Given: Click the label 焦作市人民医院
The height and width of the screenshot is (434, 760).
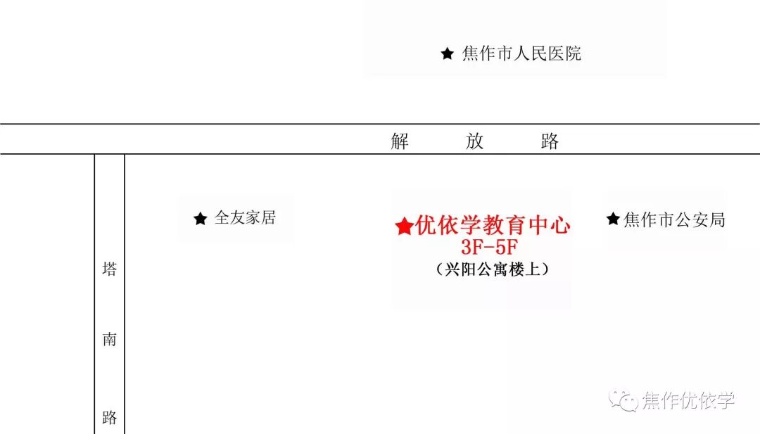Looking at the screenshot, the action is (x=521, y=53).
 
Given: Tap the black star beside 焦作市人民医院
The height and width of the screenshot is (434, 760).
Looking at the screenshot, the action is (x=447, y=53).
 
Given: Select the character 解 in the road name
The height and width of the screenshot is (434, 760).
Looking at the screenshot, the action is (x=400, y=141).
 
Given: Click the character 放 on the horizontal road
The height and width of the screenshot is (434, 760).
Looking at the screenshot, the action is (x=474, y=141).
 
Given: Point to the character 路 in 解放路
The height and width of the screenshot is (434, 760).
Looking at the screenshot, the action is (x=550, y=141).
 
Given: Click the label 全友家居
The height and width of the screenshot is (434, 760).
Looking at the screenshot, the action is (x=244, y=218).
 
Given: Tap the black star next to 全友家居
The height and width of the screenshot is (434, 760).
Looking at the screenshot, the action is (x=201, y=219).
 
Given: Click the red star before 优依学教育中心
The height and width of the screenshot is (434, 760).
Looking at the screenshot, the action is (x=404, y=226).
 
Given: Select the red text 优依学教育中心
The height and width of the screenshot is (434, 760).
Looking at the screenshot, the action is (x=493, y=226).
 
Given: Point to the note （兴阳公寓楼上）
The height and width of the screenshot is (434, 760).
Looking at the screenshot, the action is (x=492, y=269).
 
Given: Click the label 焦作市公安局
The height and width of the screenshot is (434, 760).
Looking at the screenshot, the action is (x=674, y=219).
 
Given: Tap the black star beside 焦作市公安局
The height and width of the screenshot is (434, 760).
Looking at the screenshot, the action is (x=613, y=219).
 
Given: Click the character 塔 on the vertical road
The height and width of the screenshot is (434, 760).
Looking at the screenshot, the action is (x=109, y=269).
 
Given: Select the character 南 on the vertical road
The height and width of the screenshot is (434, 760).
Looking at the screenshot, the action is (x=109, y=340).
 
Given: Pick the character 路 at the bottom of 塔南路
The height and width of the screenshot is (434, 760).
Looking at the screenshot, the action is (x=109, y=418).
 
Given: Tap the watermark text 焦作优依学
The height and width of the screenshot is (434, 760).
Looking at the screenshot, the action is (x=688, y=401).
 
